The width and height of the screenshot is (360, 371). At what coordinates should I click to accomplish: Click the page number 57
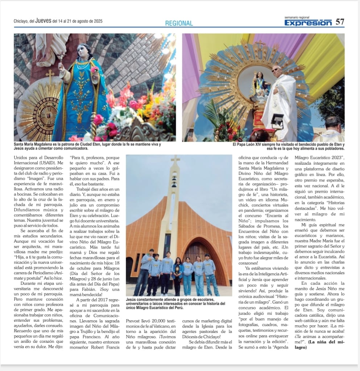pos(340,22)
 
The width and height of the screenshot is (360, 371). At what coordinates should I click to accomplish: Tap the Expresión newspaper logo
pos(308,23)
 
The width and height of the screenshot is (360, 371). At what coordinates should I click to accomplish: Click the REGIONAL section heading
pos(179,23)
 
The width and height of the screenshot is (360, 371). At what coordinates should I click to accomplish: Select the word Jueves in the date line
pos(43,21)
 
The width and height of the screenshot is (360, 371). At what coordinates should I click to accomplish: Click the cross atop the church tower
pos(175,159)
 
